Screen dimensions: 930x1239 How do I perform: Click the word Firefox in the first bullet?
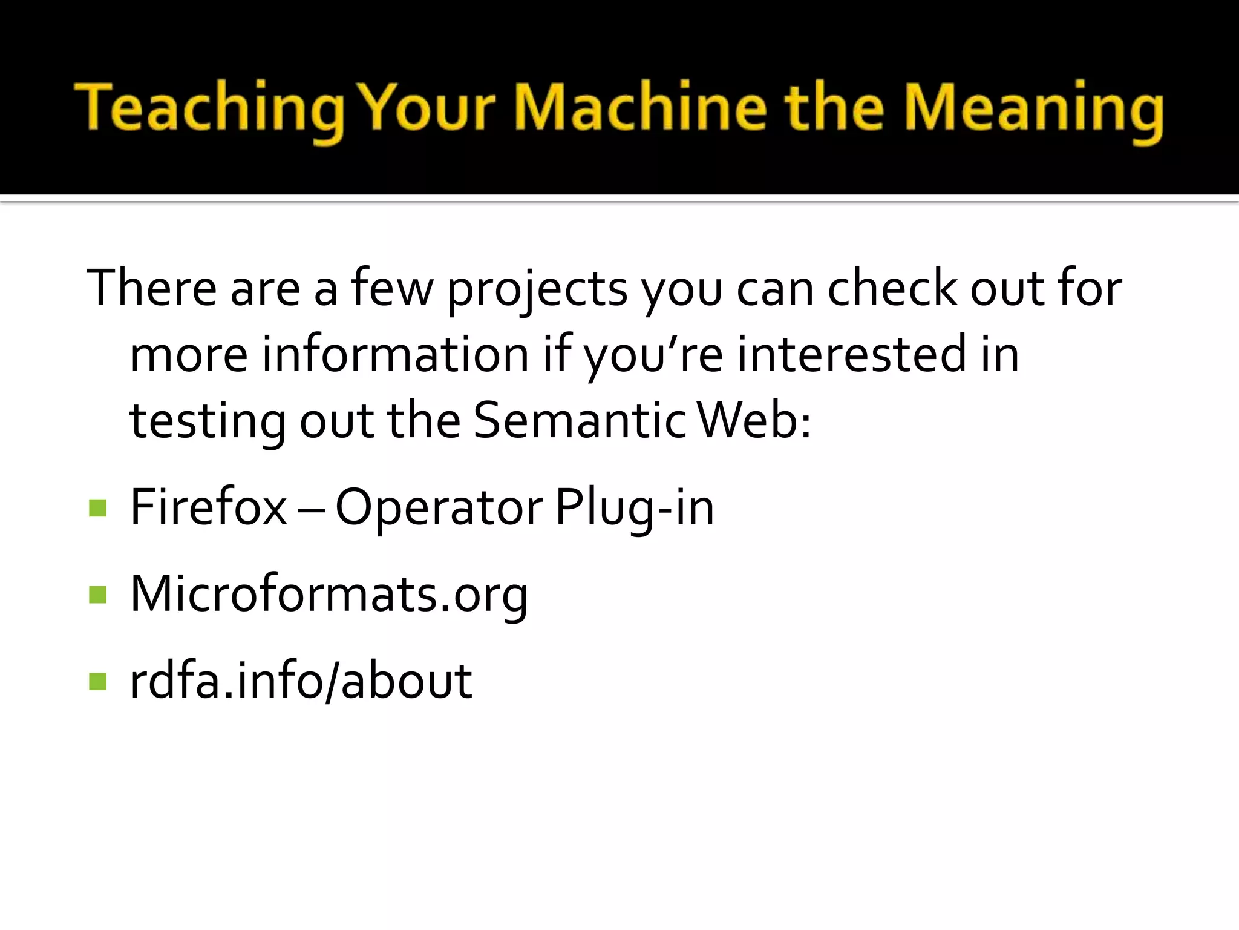pos(208,507)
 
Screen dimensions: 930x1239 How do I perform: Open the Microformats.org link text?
pos(329,595)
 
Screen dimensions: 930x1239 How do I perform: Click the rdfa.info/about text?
pos(301,681)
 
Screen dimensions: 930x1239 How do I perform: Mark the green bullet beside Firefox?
pos(97,508)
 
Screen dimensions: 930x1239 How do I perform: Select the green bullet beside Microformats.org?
pos(97,595)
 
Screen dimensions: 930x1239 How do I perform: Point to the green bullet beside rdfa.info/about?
pos(97,681)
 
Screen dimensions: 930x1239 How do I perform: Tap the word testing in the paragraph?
pos(208,421)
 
